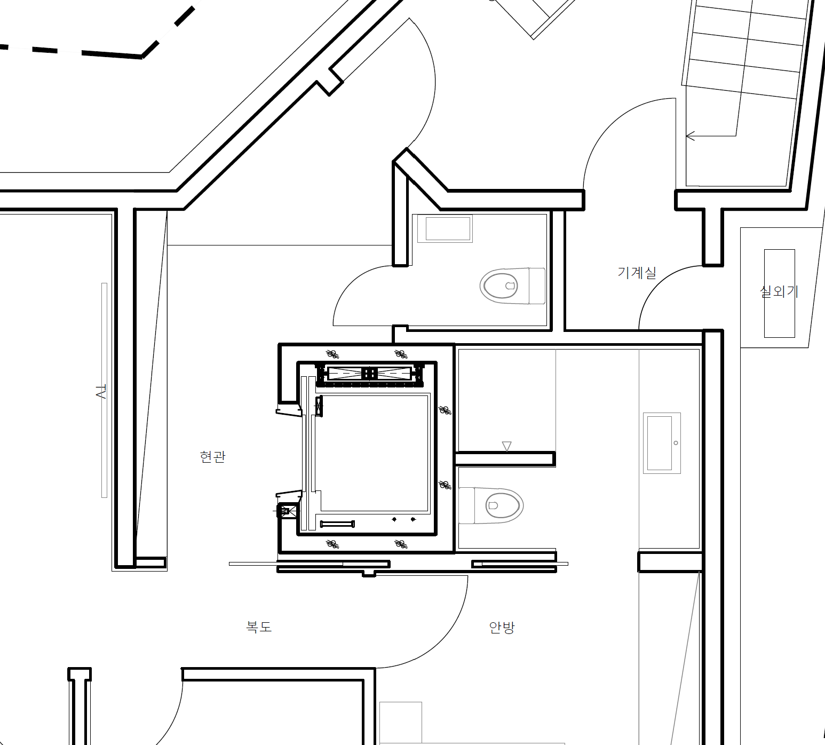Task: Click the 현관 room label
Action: tap(212, 456)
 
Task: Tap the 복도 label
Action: tap(259, 626)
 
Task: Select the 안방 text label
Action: tap(502, 627)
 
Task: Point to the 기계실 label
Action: tap(637, 272)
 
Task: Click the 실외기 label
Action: tap(779, 291)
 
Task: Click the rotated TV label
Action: tap(101, 391)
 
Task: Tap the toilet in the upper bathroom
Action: tap(513, 286)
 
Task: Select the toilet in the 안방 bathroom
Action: tap(490, 505)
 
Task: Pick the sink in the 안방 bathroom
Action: tap(662, 443)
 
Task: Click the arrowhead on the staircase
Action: tap(689, 136)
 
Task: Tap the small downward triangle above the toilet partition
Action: tap(507, 446)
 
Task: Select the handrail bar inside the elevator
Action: tap(337, 524)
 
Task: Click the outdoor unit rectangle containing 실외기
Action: tap(780, 294)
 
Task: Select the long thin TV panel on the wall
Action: tap(104, 390)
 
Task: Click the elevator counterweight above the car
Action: tap(369, 373)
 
